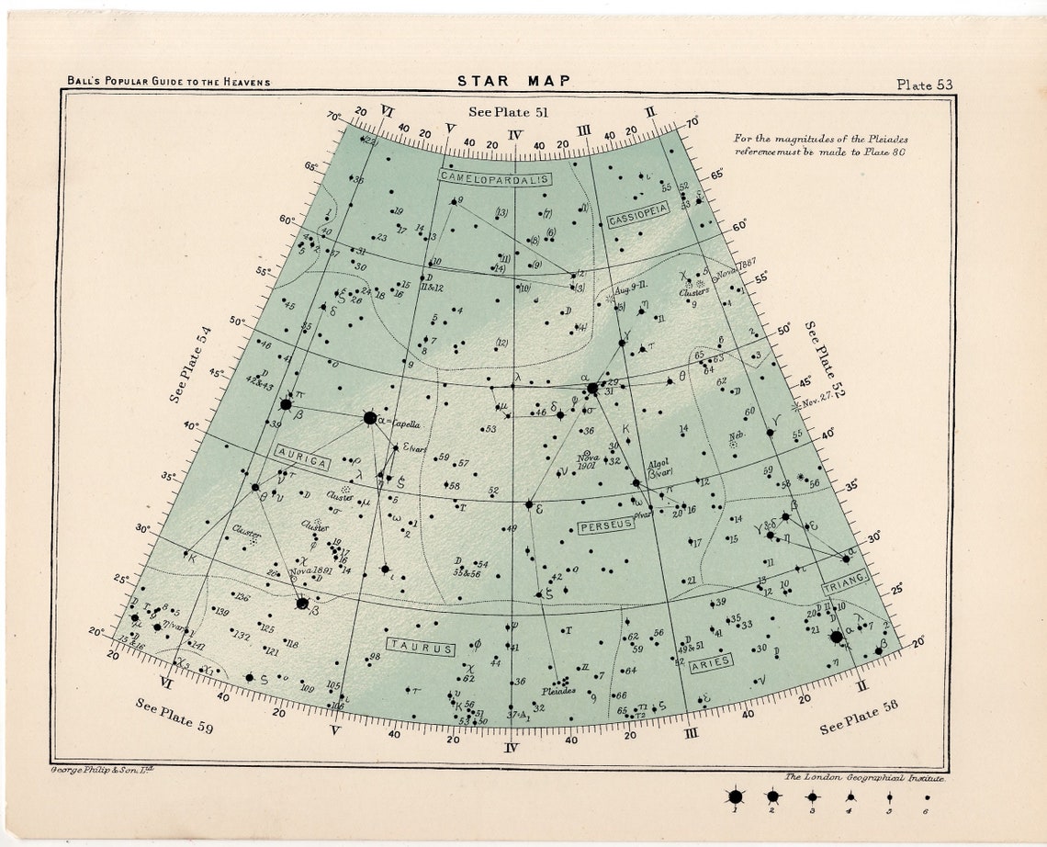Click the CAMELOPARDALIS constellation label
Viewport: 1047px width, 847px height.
(494, 176)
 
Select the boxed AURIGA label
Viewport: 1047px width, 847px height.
(301, 452)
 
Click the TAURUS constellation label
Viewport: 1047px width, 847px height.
(421, 648)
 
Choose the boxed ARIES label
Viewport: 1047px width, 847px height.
(710, 662)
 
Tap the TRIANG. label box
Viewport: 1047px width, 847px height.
(845, 580)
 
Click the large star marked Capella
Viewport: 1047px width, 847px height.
(370, 418)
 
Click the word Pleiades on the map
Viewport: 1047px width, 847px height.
(558, 690)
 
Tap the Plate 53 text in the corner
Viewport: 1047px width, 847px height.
(925, 85)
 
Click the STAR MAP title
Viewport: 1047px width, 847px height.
(514, 81)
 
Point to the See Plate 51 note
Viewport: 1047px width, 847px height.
(508, 112)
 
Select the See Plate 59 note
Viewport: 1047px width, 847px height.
(176, 716)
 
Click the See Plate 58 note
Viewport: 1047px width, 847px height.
(861, 716)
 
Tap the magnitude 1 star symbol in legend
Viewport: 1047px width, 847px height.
(735, 796)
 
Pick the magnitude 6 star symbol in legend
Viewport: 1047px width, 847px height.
(928, 798)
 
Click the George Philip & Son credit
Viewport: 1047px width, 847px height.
(106, 768)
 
